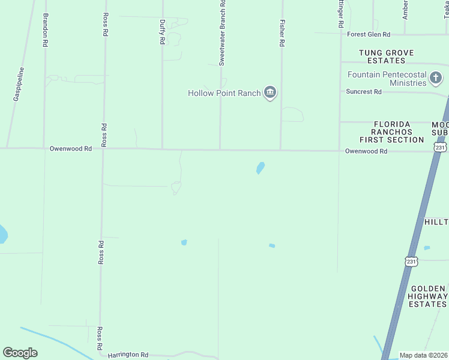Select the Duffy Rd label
click(162, 32)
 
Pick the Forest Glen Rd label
click(369, 34)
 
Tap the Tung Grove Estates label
click(386, 56)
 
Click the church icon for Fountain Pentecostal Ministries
click(435, 76)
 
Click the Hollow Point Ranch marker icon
click(270, 92)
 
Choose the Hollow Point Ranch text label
click(224, 93)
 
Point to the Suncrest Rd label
click(364, 92)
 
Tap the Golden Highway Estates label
click(427, 296)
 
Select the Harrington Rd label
click(128, 355)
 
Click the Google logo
click(20, 353)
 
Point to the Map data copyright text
click(424, 355)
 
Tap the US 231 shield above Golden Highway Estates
click(411, 261)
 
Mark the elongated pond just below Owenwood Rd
click(261, 167)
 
